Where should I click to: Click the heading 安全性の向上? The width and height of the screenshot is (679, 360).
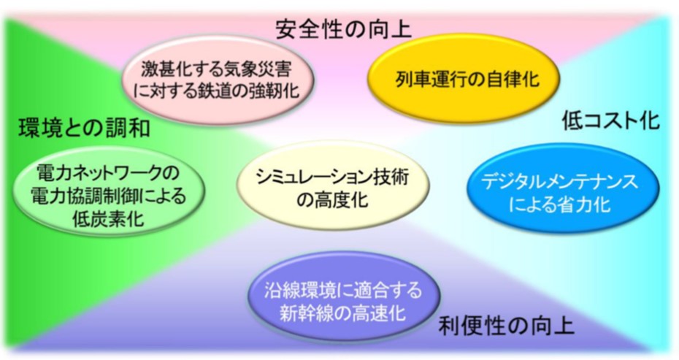click(343, 29)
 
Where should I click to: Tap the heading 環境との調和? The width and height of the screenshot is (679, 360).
click(85, 128)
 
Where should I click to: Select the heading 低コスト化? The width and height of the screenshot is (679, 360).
click(610, 120)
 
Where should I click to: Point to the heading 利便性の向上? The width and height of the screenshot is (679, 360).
click(506, 326)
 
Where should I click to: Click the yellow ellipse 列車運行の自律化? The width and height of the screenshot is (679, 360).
click(464, 78)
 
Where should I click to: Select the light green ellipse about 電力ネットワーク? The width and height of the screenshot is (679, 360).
click(108, 191)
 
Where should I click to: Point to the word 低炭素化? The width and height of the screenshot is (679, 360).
click(108, 218)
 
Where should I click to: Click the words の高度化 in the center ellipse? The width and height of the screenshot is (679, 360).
click(332, 199)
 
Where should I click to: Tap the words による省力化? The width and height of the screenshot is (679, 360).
click(559, 204)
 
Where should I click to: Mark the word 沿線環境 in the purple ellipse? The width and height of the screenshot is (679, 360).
click(302, 289)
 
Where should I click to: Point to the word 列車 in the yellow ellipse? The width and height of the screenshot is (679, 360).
click(411, 79)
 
